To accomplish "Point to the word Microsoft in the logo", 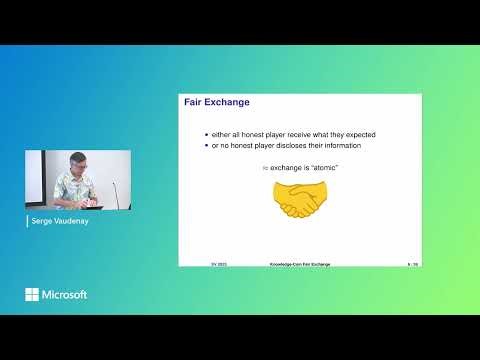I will pyautogui.click(x=63, y=295).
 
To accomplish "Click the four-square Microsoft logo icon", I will pyautogui.click(x=32, y=295).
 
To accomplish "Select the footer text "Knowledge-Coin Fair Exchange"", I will pyautogui.click(x=299, y=264).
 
